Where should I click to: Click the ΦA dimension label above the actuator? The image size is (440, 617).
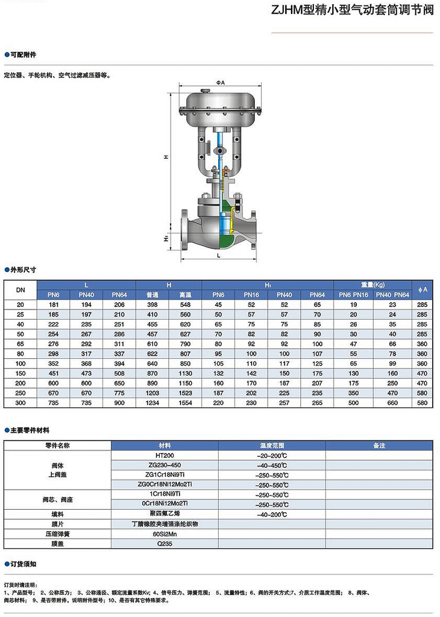pyautogui.click(x=220, y=83)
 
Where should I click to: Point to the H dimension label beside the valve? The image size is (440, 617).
pyautogui.click(x=166, y=157)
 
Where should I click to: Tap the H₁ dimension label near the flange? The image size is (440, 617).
pyautogui.click(x=166, y=238)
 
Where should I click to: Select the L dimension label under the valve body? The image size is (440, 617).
pyautogui.click(x=219, y=255)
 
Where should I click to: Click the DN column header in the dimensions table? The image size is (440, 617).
pyautogui.click(x=20, y=290)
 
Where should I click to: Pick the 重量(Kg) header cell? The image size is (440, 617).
pyautogui.click(x=372, y=285)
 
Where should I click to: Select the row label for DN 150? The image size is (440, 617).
pyautogui.click(x=20, y=373)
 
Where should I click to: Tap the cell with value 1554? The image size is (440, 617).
pyautogui.click(x=185, y=403)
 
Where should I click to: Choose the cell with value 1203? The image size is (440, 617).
pyautogui.click(x=152, y=393)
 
